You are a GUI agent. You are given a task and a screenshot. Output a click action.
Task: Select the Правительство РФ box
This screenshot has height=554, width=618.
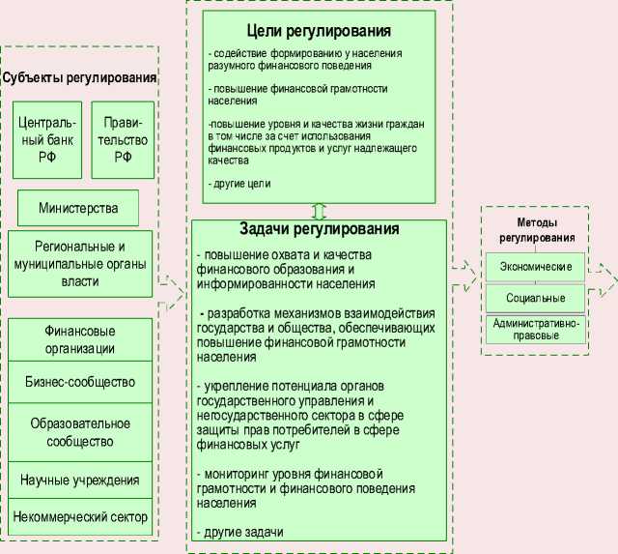(x=123, y=140)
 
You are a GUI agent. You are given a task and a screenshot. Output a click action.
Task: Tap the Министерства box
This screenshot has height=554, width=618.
(x=78, y=208)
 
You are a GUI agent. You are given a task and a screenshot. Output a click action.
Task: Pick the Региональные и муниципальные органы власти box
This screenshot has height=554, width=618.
(x=80, y=263)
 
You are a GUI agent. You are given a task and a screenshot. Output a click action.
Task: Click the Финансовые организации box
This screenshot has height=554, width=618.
(x=80, y=339)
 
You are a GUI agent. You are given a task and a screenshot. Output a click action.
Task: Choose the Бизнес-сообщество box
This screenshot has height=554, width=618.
(x=80, y=381)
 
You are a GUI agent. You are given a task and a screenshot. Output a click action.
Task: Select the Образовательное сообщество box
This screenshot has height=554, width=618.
(x=80, y=432)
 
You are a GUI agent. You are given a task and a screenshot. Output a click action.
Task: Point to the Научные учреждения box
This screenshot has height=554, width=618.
(x=80, y=479)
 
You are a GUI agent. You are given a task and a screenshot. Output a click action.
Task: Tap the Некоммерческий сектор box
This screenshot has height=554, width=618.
(x=80, y=516)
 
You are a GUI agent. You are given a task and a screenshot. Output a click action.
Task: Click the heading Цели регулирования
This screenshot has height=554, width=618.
(x=318, y=30)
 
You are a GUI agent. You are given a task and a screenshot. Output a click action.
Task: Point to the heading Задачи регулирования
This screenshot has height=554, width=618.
(x=319, y=230)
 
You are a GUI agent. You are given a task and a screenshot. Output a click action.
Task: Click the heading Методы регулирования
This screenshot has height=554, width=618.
(x=536, y=230)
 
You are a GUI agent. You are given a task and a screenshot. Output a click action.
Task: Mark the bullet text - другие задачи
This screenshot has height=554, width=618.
(x=240, y=533)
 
